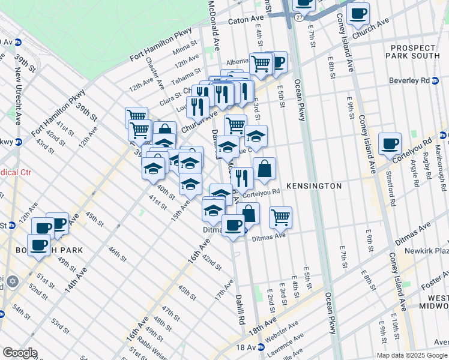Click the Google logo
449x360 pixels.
coord(19,353)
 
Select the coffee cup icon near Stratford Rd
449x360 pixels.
coord(390,144)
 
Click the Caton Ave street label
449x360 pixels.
coord(246,20)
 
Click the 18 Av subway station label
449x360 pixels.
coord(246,347)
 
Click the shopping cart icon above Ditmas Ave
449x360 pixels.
coord(280,217)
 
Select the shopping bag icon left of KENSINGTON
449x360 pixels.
coord(264,169)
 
